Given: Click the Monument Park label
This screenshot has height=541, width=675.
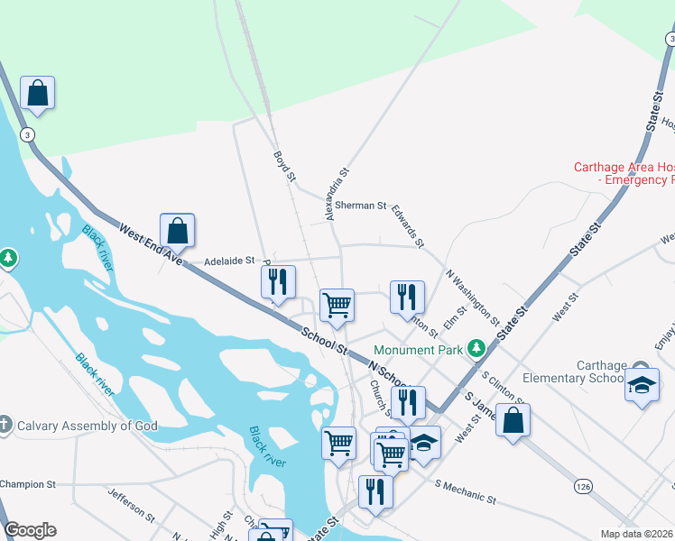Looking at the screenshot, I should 418,349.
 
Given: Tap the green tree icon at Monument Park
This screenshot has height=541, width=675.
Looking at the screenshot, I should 476,348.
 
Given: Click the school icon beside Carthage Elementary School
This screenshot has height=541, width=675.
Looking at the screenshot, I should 642,385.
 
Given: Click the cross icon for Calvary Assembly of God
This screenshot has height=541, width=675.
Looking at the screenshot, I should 5,424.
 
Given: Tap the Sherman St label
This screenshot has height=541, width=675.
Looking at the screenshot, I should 360,206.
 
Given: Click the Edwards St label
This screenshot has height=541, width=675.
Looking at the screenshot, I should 408,225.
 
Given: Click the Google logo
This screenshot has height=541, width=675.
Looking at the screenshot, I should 30,530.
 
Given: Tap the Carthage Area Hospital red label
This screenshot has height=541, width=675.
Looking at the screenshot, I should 624,173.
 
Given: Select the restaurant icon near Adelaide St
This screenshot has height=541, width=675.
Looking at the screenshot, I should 278,281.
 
